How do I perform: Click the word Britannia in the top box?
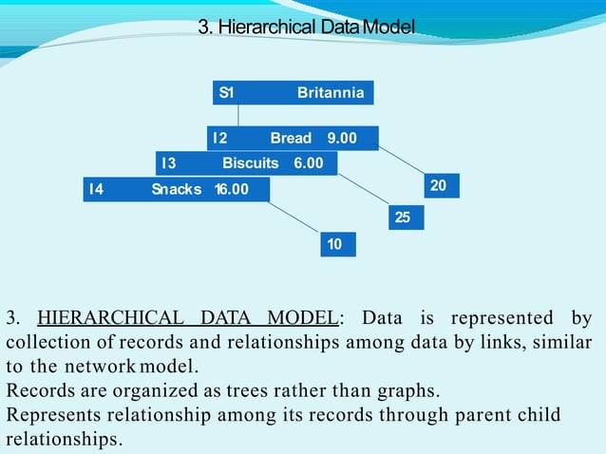[330, 93]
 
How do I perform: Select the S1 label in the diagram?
[226, 93]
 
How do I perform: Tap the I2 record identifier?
[219, 139]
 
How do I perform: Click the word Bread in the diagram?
[291, 139]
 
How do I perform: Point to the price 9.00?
[342, 139]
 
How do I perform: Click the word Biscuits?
[251, 163]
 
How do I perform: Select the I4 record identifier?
[96, 189]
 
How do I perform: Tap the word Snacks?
[177, 189]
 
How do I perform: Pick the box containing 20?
[439, 185]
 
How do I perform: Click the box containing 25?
[403, 218]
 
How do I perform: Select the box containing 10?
[334, 244]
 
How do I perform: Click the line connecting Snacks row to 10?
[294, 217]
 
